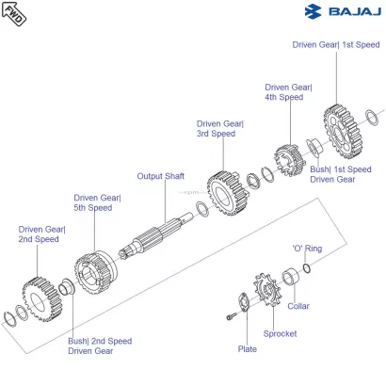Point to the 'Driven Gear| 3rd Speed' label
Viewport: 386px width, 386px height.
219,128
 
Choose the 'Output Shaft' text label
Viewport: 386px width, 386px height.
160,176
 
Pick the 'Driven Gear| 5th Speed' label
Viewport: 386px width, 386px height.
97,202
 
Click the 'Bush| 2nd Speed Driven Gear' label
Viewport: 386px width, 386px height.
100,346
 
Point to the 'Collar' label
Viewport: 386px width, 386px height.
298,306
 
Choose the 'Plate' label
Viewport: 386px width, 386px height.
247,348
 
